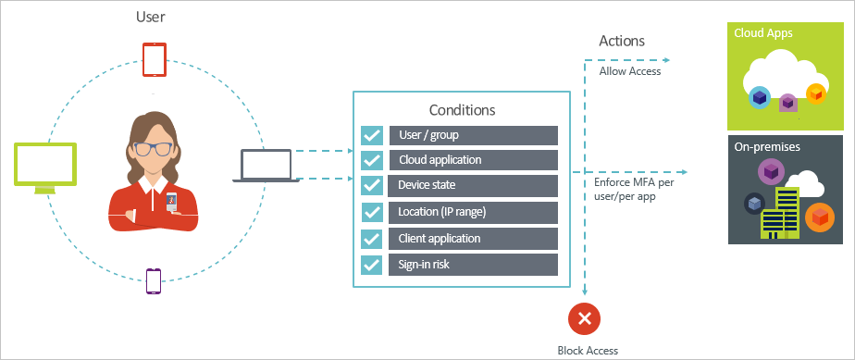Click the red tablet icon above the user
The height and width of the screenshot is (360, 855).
point(154,60)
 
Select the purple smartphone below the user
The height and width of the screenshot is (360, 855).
point(154,280)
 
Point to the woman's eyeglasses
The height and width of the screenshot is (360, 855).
point(154,148)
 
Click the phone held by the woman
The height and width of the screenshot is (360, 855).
point(170,200)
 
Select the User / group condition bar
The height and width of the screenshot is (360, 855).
point(473,135)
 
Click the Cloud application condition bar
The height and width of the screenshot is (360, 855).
point(473,160)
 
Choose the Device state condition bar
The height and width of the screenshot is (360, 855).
point(473,186)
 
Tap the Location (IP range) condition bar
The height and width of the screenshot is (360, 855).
point(473,212)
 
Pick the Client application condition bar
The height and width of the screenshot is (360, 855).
point(473,239)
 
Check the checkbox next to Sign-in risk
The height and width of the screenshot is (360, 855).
point(372,265)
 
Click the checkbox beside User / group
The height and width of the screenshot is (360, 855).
point(372,135)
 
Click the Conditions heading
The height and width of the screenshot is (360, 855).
point(462,109)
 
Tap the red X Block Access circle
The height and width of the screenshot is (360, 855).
point(585,319)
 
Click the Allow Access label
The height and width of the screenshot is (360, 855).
point(630,71)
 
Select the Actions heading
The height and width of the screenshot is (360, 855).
point(622,42)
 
